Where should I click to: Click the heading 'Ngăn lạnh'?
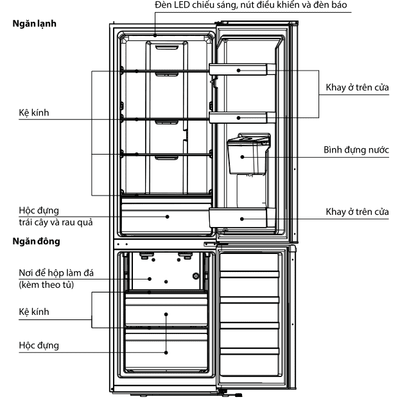pyautogui.click(x=34, y=24)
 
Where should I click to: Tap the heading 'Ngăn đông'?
pyautogui.click(x=36, y=241)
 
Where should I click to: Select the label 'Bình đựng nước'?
pyautogui.click(x=356, y=150)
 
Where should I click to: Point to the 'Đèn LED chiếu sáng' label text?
pyautogui.click(x=195, y=5)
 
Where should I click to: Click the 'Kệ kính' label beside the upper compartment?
pyautogui.click(x=34, y=113)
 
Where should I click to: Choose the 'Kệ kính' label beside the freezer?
pyautogui.click(x=34, y=312)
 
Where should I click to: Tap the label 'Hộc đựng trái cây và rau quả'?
pyautogui.click(x=55, y=217)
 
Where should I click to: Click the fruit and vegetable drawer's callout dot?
pyautogui.click(x=167, y=217)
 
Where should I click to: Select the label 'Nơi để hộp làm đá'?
pyautogui.click(x=56, y=273)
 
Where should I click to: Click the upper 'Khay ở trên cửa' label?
pyautogui.click(x=357, y=88)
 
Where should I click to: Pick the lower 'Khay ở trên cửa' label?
pyautogui.click(x=357, y=212)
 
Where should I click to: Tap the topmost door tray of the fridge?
pyautogui.click(x=242, y=69)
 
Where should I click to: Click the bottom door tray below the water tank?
pyautogui.click(x=242, y=218)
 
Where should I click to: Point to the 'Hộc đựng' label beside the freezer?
pyautogui.click(x=39, y=346)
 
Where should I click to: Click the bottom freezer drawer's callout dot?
pyautogui.click(x=166, y=353)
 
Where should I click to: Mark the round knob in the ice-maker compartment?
pyautogui.click(x=196, y=276)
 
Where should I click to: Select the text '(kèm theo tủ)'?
pyautogui.click(x=46, y=285)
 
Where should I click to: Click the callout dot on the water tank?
pyautogui.click(x=242, y=157)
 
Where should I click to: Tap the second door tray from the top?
pyautogui.click(x=242, y=117)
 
